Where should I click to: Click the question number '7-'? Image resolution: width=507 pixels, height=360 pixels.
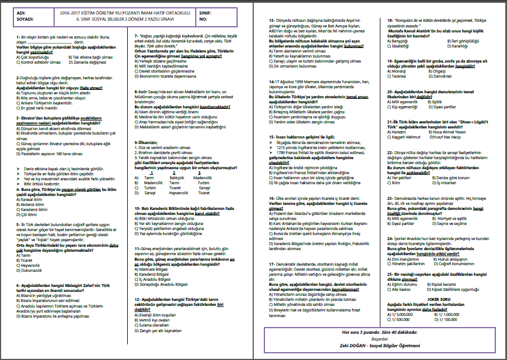(x=137, y=36)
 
